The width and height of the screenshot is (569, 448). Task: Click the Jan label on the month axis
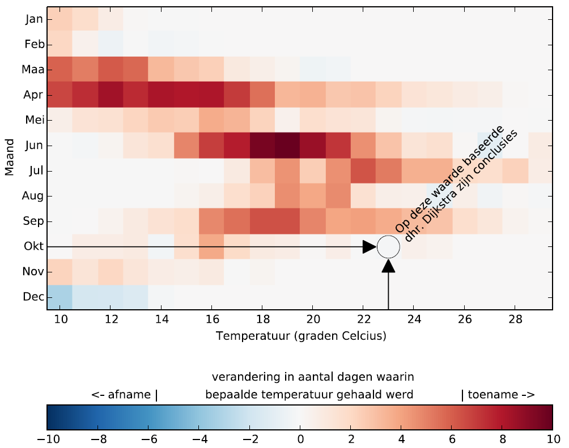[x=34, y=19]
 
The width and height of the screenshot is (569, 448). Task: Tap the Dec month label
[x=34, y=297]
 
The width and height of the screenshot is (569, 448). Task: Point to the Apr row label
[x=34, y=95]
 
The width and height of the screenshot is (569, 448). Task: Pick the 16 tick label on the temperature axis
[x=211, y=320]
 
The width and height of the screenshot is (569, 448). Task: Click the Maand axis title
[x=10, y=158]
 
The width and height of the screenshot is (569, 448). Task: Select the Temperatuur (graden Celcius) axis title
[x=301, y=336]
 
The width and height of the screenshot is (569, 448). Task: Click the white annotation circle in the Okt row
[x=389, y=247]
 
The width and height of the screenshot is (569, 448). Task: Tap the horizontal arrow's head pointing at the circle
[x=370, y=247]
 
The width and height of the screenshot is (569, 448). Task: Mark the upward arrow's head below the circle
[x=389, y=266]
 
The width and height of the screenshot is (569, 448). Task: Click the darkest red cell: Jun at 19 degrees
[x=287, y=146]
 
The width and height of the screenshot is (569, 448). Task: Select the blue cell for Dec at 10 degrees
[x=60, y=297]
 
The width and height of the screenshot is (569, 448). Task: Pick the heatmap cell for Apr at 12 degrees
[x=111, y=95]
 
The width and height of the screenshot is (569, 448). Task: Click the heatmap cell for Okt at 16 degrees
[x=211, y=247]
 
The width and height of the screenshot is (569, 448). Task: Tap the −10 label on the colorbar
[x=47, y=440]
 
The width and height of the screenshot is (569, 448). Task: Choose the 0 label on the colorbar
[x=300, y=440]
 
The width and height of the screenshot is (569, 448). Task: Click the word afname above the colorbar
[x=130, y=395]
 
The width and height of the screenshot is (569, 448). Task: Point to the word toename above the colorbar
[x=492, y=395]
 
